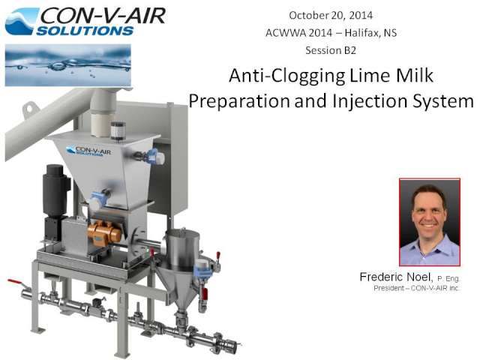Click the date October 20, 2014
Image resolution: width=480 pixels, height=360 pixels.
(331, 15)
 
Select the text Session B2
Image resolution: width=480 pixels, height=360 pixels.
(331, 50)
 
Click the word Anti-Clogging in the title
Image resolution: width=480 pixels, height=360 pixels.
(287, 76)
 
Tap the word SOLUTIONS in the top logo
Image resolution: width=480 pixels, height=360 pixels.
(85, 31)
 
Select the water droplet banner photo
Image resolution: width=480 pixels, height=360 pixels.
(68, 65)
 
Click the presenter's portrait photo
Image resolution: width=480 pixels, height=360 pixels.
(430, 222)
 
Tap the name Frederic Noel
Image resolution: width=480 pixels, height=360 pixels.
(396, 277)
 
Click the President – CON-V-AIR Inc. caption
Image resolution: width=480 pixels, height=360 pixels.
(416, 288)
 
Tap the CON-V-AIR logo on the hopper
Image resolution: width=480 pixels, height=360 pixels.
(88, 151)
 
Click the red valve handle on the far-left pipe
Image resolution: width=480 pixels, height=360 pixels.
(15, 281)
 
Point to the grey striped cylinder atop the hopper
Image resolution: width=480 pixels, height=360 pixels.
(118, 130)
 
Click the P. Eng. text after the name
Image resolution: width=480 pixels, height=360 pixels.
(448, 278)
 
